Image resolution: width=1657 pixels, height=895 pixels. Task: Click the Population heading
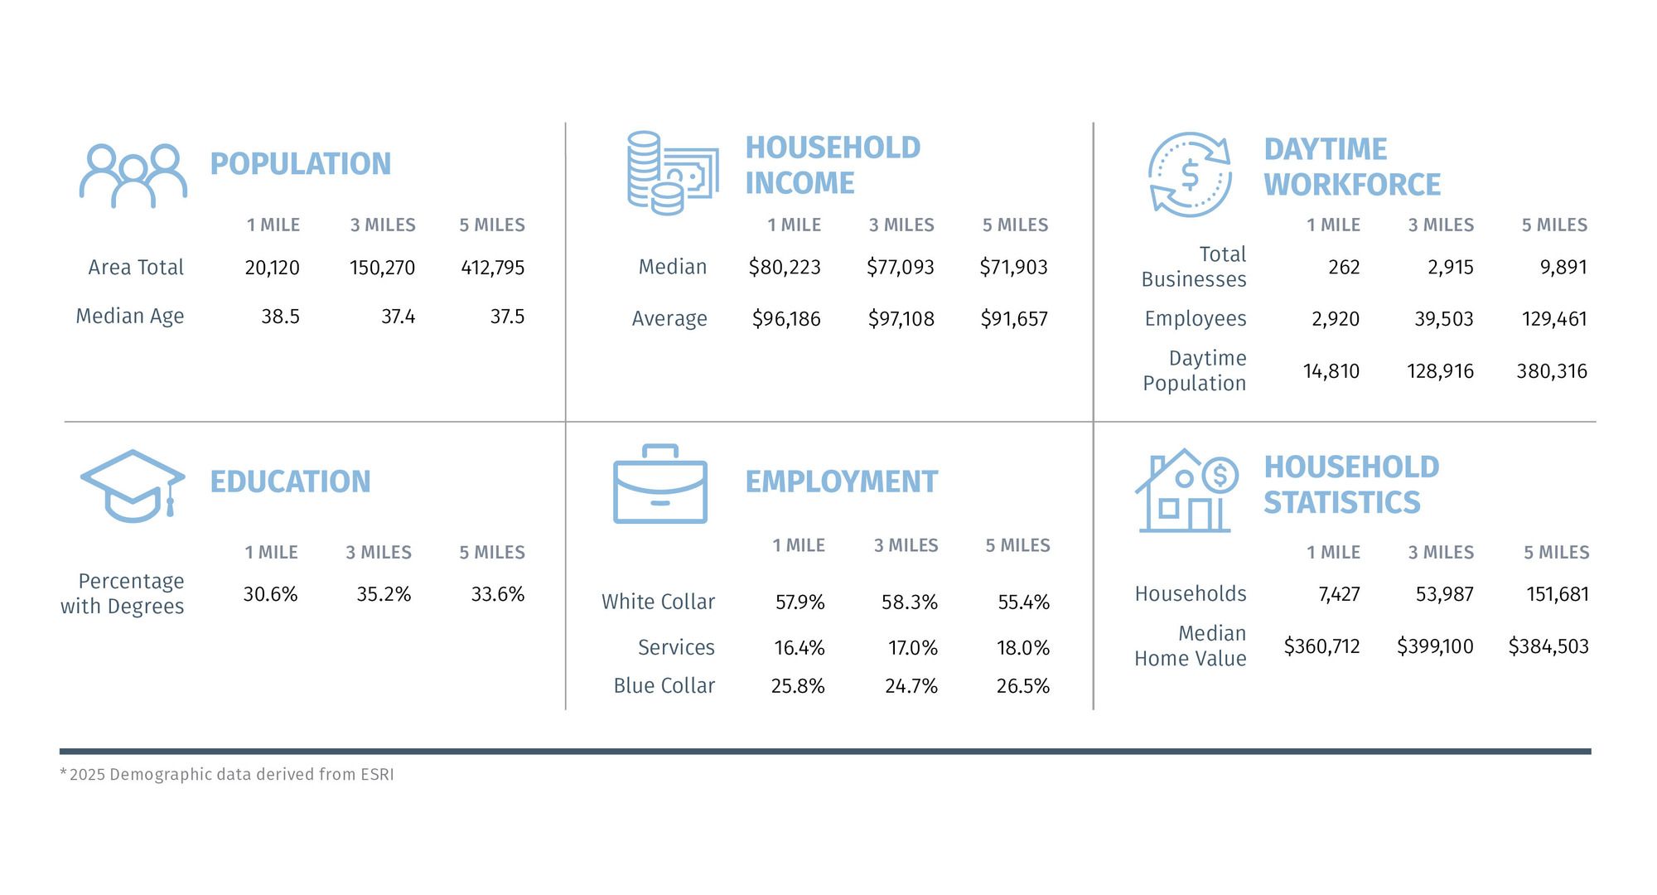tap(300, 164)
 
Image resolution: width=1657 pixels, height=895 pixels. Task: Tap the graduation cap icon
tap(132, 486)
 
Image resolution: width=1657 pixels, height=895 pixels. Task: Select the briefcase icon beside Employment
tap(659, 485)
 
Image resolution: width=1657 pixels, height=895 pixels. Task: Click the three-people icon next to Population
tap(133, 176)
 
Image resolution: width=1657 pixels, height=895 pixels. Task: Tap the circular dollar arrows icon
tap(1190, 175)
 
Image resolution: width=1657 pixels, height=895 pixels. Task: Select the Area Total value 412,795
tap(492, 268)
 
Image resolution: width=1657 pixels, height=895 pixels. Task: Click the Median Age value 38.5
tap(280, 317)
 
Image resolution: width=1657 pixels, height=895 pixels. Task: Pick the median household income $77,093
tap(900, 268)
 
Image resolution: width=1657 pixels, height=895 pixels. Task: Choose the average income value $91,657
tap(1013, 319)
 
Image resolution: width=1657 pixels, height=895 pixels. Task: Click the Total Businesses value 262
tap(1343, 268)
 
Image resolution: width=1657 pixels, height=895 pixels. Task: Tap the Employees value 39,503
tap(1443, 319)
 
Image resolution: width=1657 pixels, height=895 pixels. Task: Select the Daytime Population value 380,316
tap(1551, 371)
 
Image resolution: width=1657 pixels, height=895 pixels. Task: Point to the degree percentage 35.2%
tap(384, 594)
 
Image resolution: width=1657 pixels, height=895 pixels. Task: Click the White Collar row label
tap(658, 602)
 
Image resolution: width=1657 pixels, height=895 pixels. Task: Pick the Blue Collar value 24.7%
tap(911, 686)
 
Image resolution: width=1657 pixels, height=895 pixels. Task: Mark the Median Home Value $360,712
tap(1321, 646)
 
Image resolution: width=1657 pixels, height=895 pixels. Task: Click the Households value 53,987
tap(1444, 594)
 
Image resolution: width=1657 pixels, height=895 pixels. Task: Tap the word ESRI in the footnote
tap(377, 775)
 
